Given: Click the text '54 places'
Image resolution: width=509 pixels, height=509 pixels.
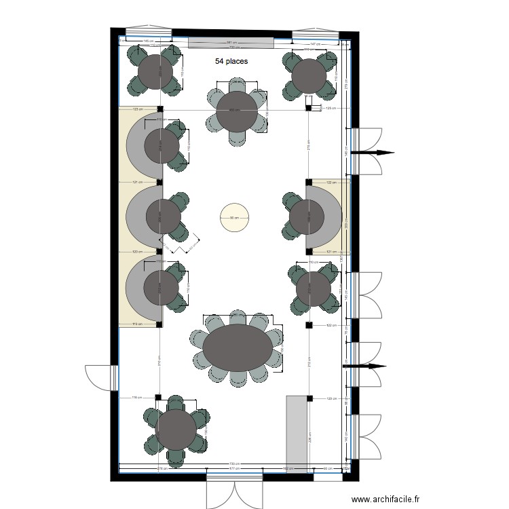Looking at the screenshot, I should click(x=231, y=61).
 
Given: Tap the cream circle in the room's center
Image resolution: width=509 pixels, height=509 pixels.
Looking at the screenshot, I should click(x=233, y=218).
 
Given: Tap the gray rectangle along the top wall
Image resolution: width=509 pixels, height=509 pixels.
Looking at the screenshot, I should click(x=231, y=43).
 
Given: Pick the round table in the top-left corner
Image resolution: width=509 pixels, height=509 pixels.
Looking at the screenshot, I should click(x=155, y=71).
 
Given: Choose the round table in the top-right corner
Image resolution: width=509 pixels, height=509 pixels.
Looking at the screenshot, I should click(x=309, y=75).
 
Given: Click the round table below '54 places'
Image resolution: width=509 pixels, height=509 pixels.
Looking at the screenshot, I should click(x=237, y=111).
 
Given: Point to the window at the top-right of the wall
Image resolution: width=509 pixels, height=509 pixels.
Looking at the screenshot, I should click(x=315, y=34).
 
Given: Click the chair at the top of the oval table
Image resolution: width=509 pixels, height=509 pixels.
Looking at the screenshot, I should click(x=238, y=318).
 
